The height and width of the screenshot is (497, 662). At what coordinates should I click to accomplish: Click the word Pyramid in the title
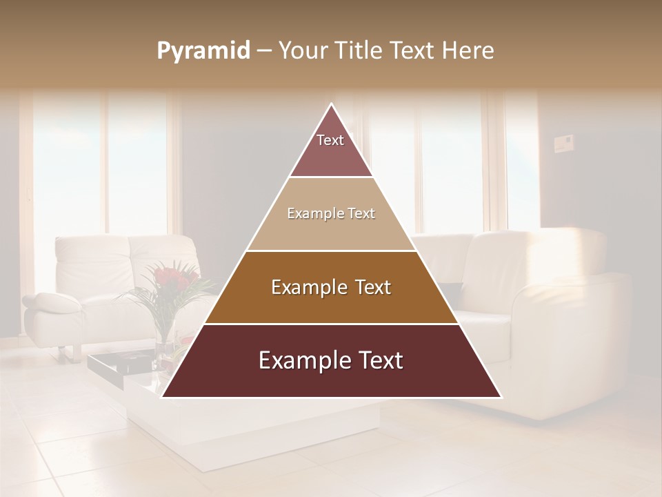203,51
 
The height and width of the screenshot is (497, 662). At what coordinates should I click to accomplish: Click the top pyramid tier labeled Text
331,148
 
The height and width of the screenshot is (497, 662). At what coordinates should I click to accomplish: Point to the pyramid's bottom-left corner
163,396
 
